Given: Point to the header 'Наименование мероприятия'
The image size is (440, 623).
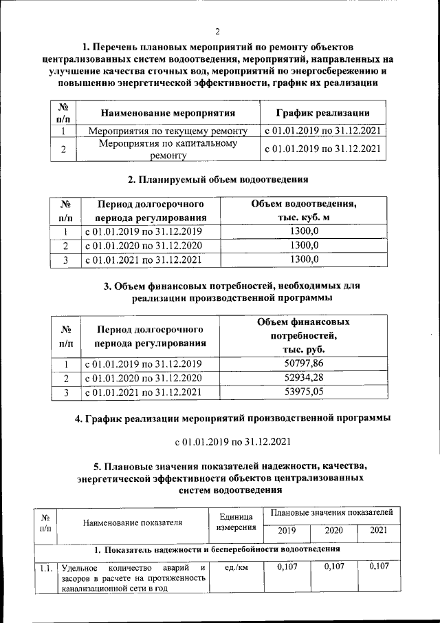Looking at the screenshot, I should coord(168,113).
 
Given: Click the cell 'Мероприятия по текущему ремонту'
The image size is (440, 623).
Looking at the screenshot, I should coord(168,131).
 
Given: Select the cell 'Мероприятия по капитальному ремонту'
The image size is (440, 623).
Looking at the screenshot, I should coord(168,149).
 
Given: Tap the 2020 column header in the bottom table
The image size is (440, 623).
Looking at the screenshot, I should coord(333,531).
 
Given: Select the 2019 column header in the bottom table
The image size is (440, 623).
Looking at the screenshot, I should coord(287,531).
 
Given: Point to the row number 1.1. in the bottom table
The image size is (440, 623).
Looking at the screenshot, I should coord(45,568).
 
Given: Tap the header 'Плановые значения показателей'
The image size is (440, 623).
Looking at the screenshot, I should coord(332,514).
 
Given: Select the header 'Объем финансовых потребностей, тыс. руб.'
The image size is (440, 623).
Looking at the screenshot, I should coord(303,335).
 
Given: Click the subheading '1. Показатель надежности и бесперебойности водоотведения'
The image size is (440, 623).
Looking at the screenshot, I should coord(218,549).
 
